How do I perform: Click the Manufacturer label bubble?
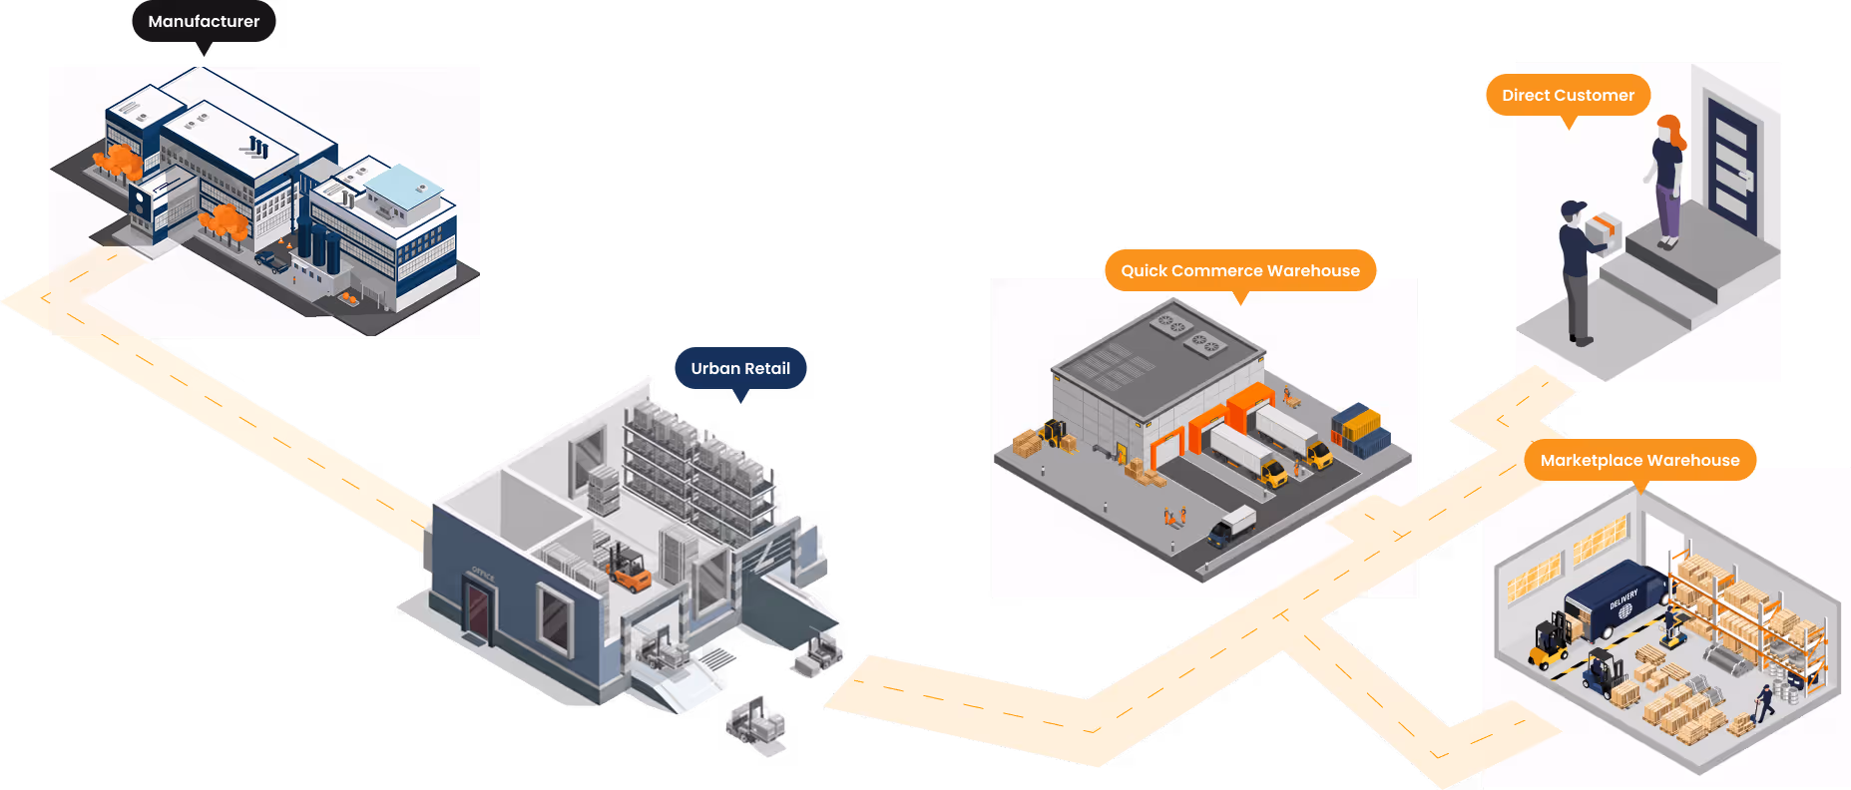tap(204, 21)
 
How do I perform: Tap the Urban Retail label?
tap(740, 368)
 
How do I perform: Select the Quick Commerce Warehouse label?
tap(1239, 270)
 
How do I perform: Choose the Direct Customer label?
tap(1568, 95)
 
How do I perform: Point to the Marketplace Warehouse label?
tap(1639, 460)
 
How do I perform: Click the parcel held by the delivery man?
tap(1604, 231)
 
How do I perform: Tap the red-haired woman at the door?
tap(1667, 180)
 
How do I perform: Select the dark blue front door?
tap(1732, 165)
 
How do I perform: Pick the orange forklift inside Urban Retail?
tap(628, 570)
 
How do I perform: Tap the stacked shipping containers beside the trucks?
tap(1360, 430)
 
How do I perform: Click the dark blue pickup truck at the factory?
tap(271, 261)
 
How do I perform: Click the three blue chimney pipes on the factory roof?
tap(258, 148)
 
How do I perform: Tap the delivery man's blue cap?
tap(1574, 209)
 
